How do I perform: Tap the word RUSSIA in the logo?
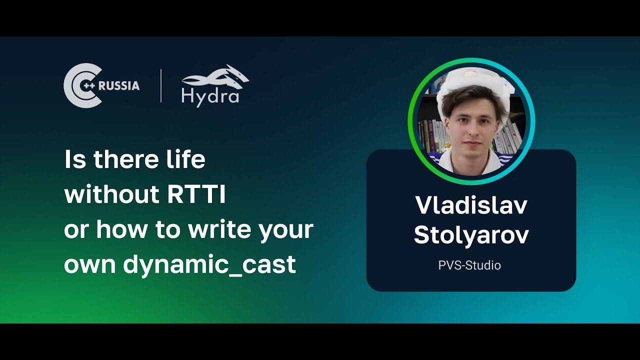point(119,85)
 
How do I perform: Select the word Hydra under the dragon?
point(210,96)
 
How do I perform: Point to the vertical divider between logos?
point(161,86)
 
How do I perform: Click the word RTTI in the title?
point(196,195)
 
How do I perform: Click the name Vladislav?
point(471,205)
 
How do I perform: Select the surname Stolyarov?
point(471,235)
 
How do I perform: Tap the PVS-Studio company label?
point(469,265)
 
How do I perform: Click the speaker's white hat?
point(470,80)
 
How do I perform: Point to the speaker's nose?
point(470,131)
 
